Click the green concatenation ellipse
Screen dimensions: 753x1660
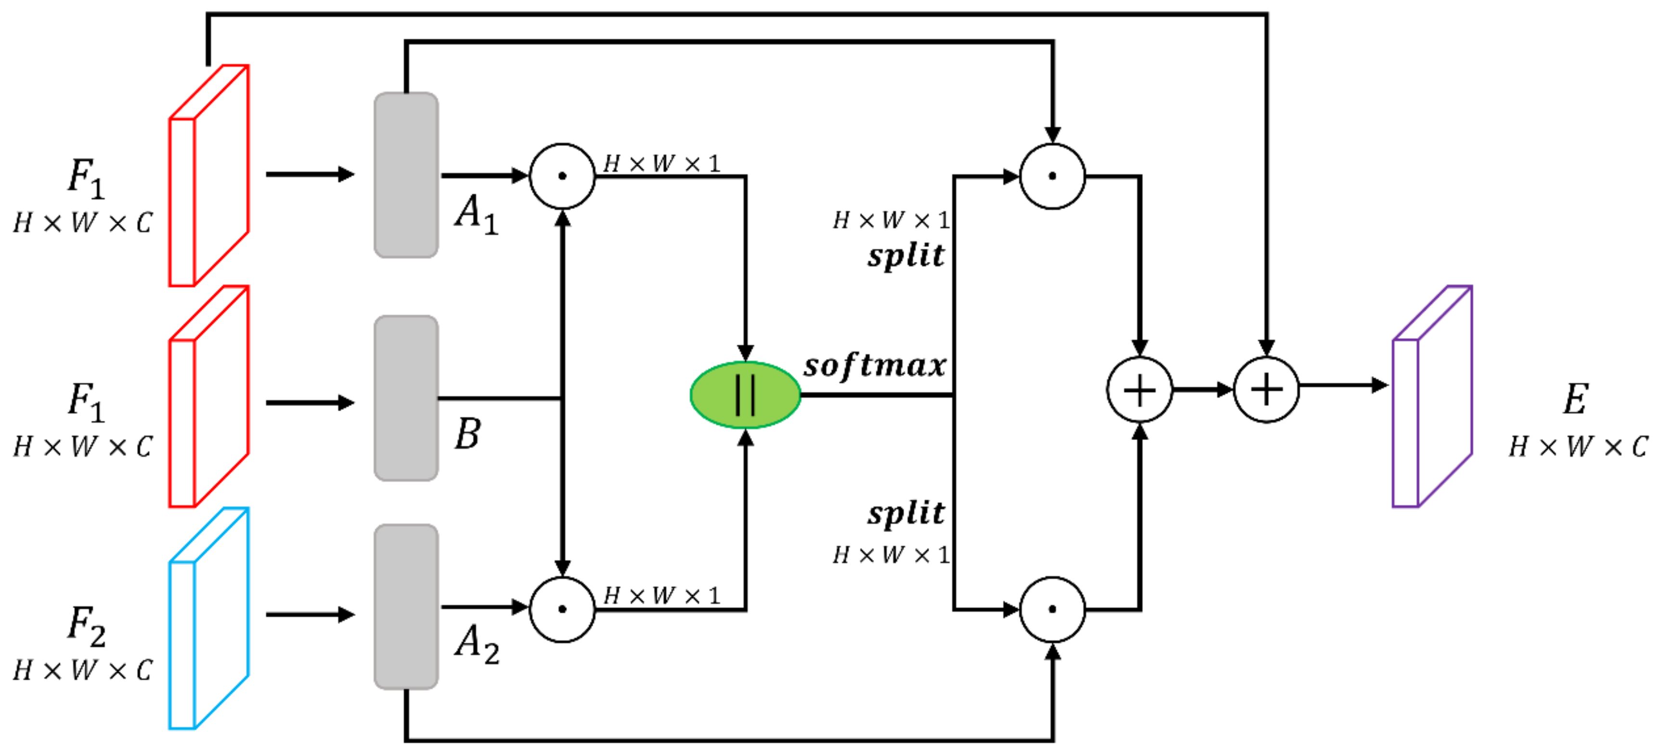[x=745, y=394]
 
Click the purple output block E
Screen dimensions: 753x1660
[x=1432, y=397]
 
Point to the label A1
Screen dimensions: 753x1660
[x=476, y=214]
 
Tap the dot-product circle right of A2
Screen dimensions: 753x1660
[x=562, y=609]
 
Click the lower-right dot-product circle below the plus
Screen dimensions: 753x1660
[x=1052, y=609]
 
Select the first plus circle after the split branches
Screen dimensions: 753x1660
[x=1139, y=390]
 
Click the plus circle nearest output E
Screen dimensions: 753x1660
[x=1266, y=390]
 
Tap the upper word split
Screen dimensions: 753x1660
[x=906, y=256]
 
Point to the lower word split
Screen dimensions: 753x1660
[x=906, y=514]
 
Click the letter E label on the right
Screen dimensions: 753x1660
[x=1575, y=399]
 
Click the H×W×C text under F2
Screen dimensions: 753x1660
[x=82, y=671]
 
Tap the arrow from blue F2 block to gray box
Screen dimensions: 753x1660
[x=309, y=614]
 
